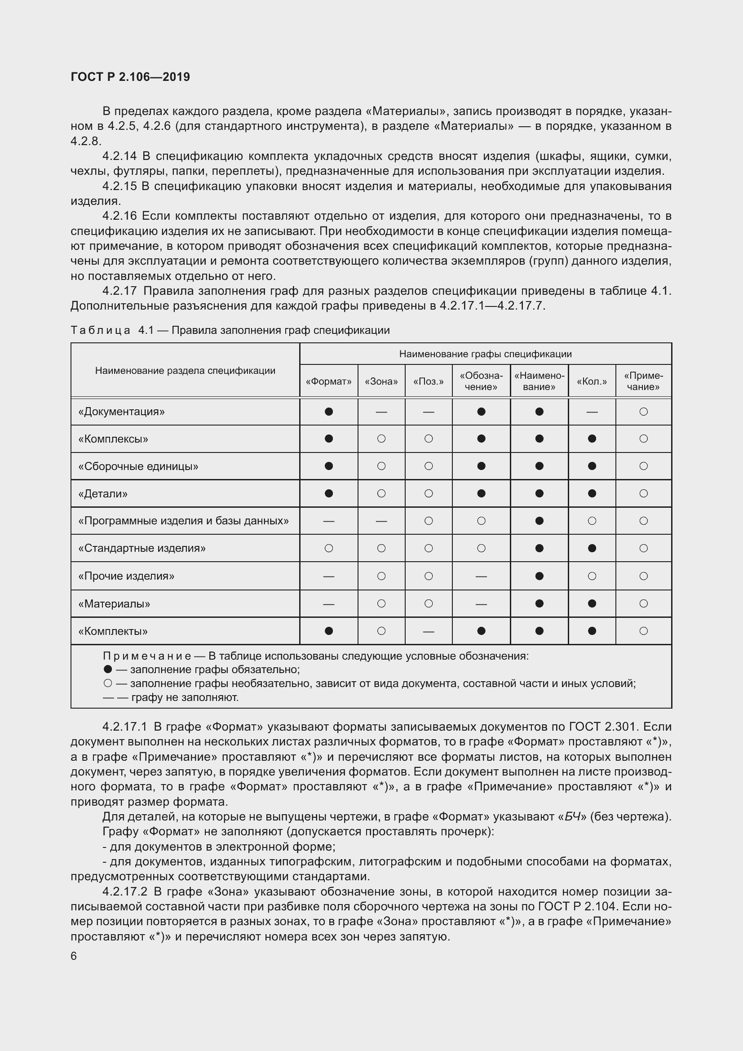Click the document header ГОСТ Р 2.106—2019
[130, 77]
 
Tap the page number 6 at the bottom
[74, 956]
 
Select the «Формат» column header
[328, 381]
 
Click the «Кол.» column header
[592, 381]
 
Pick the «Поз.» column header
[428, 381]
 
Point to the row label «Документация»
[121, 412]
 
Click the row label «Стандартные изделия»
[142, 548]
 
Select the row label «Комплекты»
[113, 631]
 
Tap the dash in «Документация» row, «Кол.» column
[592, 412]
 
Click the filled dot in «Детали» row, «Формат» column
[328, 493]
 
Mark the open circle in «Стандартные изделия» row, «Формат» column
[328, 548]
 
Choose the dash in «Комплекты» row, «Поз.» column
[428, 632]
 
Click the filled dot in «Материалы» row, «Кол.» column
[592, 603]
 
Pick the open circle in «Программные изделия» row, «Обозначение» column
[481, 521]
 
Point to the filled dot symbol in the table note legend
[107, 669]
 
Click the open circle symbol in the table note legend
[107, 683]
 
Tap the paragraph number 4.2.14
[119, 156]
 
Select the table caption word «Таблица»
[100, 330]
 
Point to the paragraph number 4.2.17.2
[124, 891]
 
